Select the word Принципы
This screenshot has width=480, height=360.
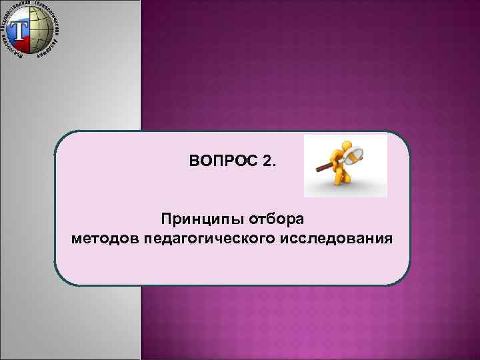coord(195,219)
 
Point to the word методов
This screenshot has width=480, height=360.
coord(104,238)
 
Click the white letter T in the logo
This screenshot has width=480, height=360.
coord(23,31)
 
